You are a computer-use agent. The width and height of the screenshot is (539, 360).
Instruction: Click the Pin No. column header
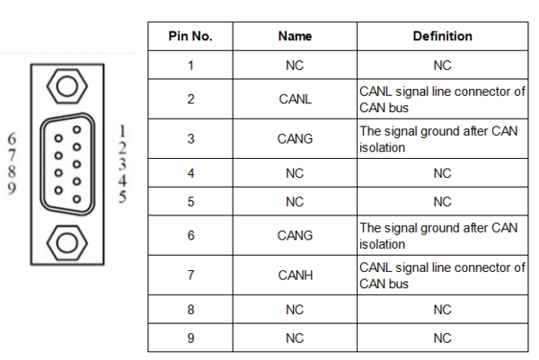[x=190, y=36]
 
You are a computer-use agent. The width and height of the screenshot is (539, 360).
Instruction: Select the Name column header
[x=295, y=36]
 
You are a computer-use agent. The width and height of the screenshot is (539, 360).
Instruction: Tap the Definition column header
[x=442, y=36]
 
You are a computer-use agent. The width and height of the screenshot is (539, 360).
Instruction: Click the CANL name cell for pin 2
[x=295, y=100]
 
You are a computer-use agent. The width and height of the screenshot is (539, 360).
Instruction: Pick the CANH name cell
[x=296, y=275]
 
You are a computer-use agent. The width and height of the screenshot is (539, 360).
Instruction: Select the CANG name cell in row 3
[x=295, y=139]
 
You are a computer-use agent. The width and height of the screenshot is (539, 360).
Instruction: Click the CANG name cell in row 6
[x=295, y=235]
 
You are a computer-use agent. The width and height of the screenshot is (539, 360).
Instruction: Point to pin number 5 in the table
[x=190, y=202]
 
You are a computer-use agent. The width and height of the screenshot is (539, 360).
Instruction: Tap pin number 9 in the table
[x=190, y=338]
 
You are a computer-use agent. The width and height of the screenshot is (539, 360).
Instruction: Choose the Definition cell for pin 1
[x=442, y=66]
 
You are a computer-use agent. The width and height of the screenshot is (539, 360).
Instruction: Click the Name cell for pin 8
[x=295, y=310]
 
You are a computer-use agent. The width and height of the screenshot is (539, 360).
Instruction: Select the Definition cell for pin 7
[x=442, y=276]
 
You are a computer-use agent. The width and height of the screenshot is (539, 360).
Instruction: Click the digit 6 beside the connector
[x=12, y=139]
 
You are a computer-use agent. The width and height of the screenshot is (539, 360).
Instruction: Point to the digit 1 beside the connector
[x=122, y=131]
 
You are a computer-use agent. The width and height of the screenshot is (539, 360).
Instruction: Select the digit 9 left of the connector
[x=12, y=189]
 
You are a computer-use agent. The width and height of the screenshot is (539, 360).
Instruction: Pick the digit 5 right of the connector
[x=122, y=197]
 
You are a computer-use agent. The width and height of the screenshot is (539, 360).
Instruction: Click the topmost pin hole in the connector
[x=76, y=129]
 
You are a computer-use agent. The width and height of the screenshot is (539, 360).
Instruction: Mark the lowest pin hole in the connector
[x=76, y=199]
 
